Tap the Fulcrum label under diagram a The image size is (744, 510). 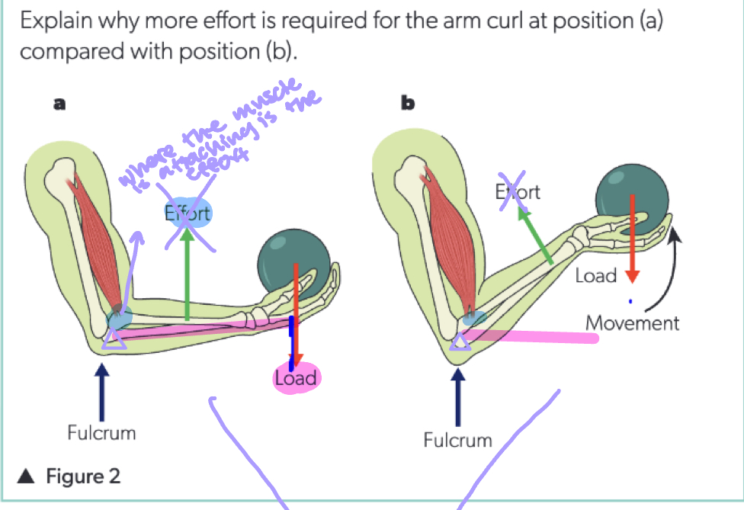[101, 433]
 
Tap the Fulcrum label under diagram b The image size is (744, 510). [457, 440]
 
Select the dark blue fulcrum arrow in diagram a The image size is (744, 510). [103, 389]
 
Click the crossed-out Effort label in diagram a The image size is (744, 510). [188, 214]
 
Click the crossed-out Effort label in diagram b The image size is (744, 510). [518, 191]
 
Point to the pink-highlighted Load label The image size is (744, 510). [296, 378]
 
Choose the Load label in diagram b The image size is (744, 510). [595, 275]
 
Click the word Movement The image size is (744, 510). [632, 322]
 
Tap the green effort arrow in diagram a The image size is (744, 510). [188, 282]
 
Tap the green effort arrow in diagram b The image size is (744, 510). [536, 237]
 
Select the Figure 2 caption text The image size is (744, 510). [82, 477]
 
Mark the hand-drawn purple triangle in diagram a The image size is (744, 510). [114, 340]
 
